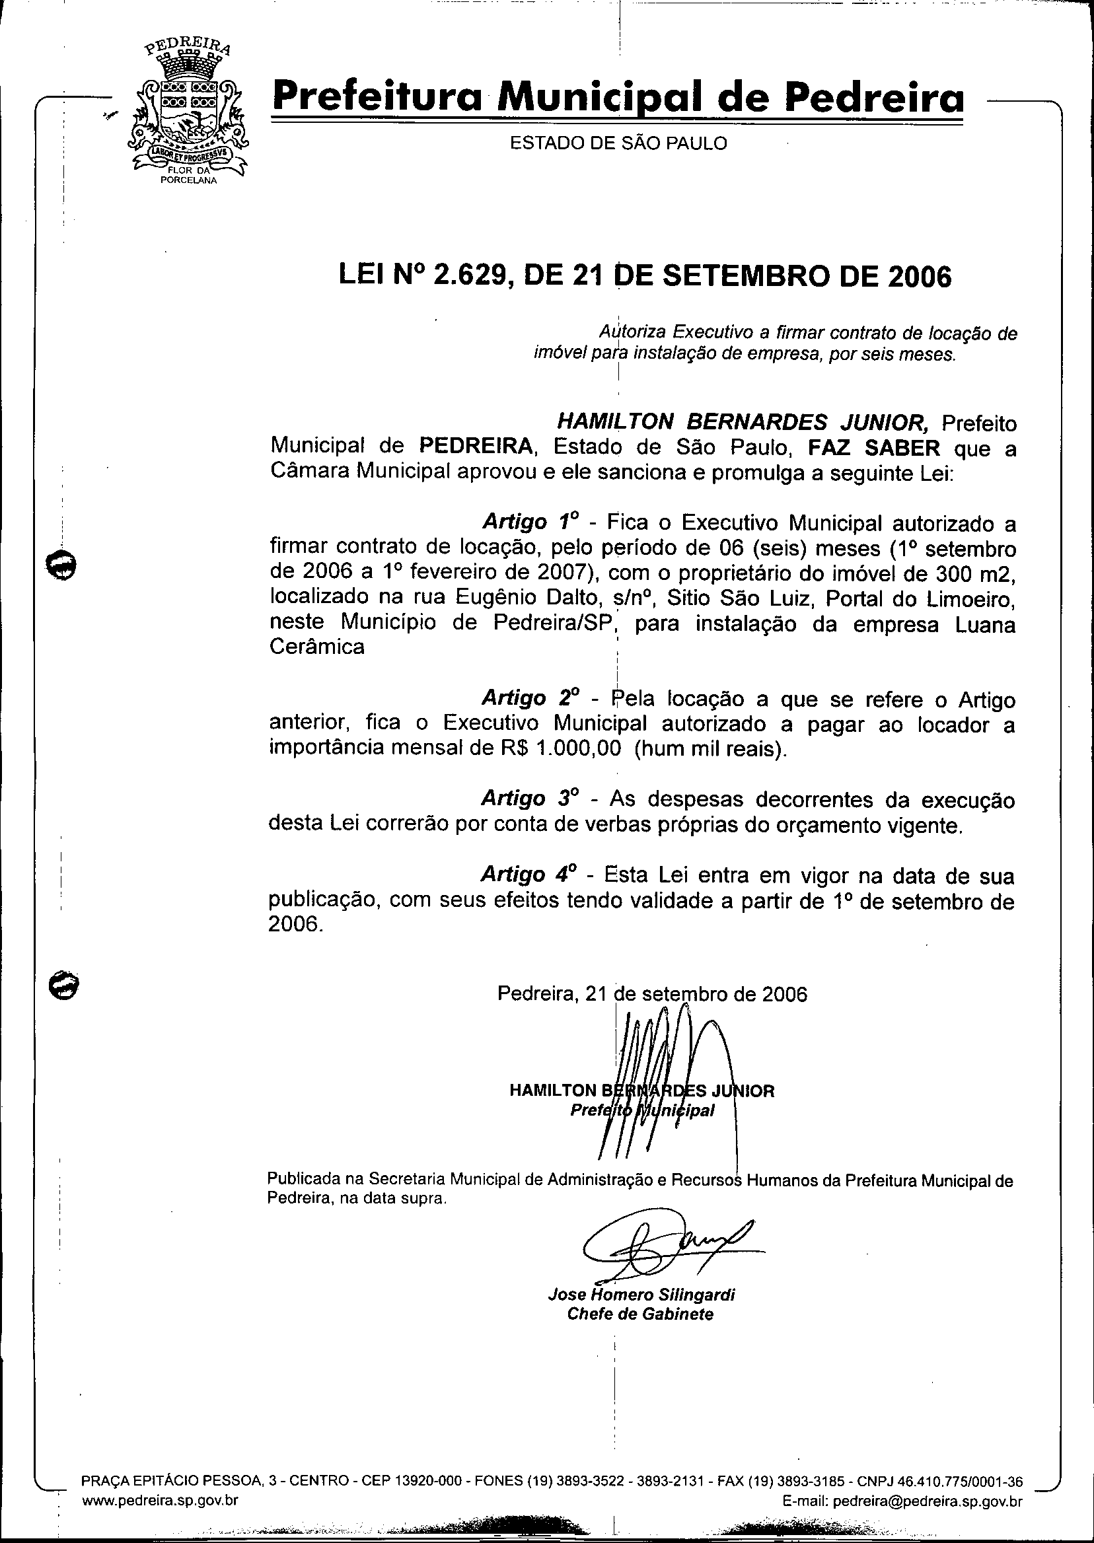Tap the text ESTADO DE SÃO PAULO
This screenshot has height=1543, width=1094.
[618, 143]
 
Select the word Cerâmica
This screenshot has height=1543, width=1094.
[316, 647]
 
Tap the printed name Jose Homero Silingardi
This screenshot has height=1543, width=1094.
[641, 1295]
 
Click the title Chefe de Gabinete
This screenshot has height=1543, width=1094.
[640, 1314]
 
